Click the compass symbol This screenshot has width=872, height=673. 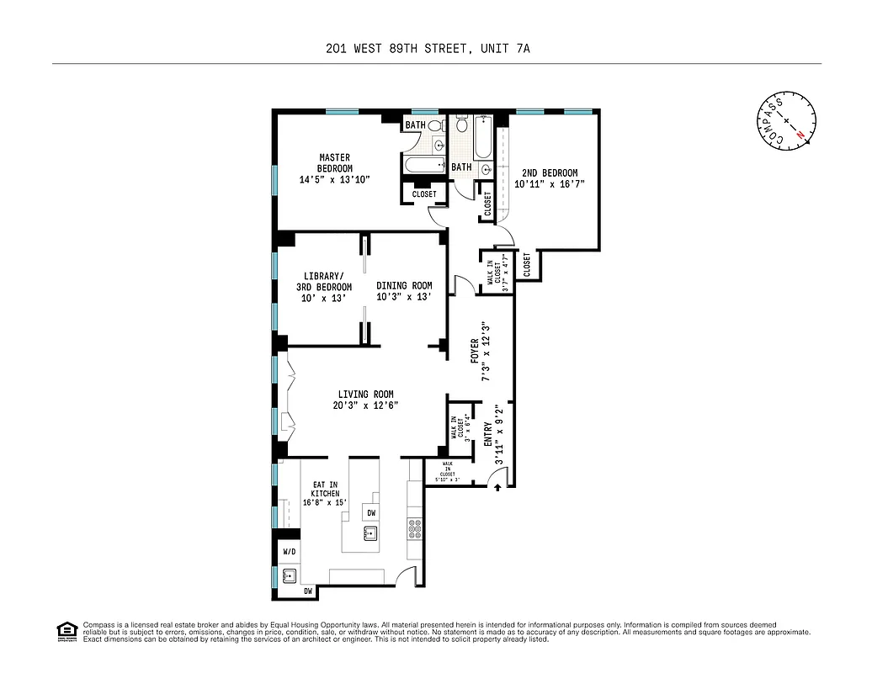(786, 123)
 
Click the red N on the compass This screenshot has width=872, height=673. (801, 135)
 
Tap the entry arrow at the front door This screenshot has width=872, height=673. (497, 486)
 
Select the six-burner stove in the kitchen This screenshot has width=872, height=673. (415, 529)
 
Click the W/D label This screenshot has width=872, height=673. (289, 552)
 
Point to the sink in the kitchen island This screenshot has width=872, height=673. (370, 533)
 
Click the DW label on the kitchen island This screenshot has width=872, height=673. (370, 512)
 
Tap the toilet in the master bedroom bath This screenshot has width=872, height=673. (435, 125)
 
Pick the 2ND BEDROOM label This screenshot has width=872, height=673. (550, 173)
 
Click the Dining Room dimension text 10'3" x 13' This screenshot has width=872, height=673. (404, 297)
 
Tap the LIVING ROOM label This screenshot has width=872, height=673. (365, 395)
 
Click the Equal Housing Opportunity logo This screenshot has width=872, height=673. (65, 630)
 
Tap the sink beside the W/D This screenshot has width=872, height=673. (289, 576)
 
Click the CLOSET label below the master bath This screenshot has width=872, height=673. (424, 194)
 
